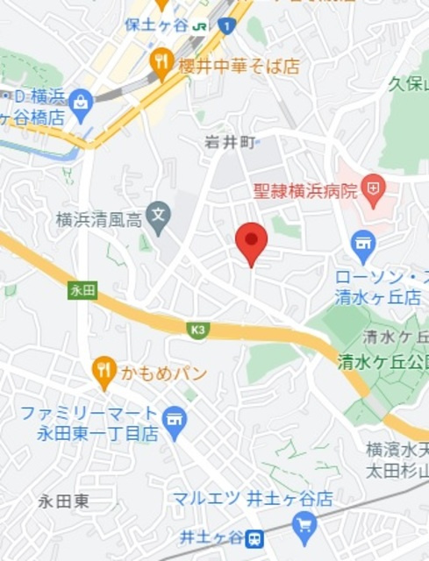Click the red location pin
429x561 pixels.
coord(252,243)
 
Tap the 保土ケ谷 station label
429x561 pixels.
coord(157,25)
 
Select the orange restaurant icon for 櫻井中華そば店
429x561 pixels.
coord(161,61)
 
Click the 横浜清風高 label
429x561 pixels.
coord(98,219)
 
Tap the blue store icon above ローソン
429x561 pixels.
coord(363,243)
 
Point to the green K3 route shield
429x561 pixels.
coord(198,330)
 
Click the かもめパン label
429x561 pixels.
coord(167,374)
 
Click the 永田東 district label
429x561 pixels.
coord(64,501)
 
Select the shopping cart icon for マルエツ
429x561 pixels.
coord(305,525)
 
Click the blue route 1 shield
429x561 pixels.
coord(226,27)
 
